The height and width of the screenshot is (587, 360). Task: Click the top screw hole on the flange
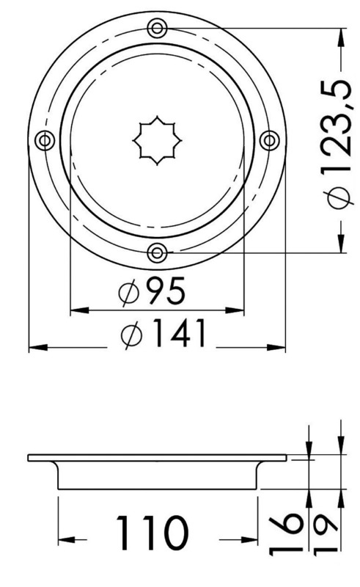156,29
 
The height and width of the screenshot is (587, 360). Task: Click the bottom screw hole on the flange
156,253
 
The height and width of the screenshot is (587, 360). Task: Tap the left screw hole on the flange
44,140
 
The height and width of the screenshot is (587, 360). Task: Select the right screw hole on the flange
269,140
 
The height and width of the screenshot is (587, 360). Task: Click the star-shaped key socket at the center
156,141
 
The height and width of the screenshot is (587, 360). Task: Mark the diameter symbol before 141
134,336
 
